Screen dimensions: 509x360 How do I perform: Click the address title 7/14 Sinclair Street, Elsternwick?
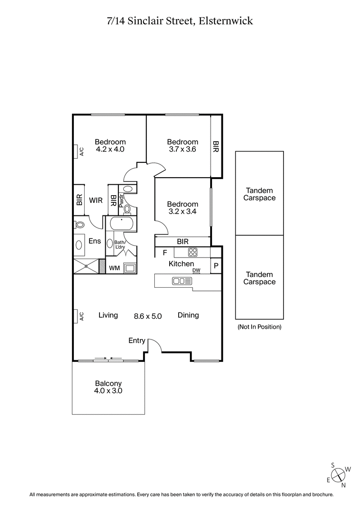coord(180,21)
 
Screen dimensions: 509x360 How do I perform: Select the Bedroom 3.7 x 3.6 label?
coord(182,145)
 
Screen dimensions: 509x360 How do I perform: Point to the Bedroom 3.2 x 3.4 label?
coord(182,207)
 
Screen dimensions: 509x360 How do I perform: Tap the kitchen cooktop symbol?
coord(193,252)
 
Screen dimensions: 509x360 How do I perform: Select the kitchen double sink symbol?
coord(182,281)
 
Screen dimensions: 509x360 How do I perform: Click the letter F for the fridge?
coord(165,252)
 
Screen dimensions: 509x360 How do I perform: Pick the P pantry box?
coord(216,266)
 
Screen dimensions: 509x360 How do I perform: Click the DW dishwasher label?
coord(196,270)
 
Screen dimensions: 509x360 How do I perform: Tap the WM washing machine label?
coord(115,268)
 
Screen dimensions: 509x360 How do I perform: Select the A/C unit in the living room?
coord(76,316)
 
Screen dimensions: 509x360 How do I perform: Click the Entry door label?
coord(137,340)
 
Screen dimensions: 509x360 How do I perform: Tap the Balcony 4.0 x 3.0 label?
coord(108,387)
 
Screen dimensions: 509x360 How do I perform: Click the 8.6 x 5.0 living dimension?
coord(148,316)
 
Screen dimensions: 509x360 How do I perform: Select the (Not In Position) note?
coord(259,327)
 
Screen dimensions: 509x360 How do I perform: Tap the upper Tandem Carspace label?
coord(259,194)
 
